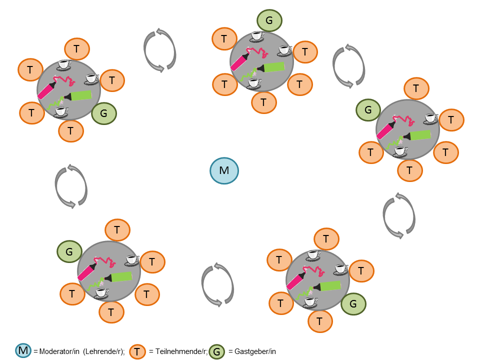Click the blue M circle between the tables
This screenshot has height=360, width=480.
point(224,171)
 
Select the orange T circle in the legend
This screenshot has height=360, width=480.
point(137,351)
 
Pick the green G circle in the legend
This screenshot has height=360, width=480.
point(216,351)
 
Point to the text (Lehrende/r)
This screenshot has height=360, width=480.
point(103,351)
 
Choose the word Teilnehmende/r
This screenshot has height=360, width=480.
point(178,351)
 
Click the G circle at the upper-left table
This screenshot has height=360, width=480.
point(104,113)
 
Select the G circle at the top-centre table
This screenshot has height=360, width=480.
point(269,21)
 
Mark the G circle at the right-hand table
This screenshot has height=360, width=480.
point(368,110)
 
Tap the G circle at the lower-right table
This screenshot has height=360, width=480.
point(353,303)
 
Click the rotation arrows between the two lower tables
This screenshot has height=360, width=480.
point(217,283)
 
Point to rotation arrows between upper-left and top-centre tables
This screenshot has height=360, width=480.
point(160,50)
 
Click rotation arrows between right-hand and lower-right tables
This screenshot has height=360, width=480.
point(399,215)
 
